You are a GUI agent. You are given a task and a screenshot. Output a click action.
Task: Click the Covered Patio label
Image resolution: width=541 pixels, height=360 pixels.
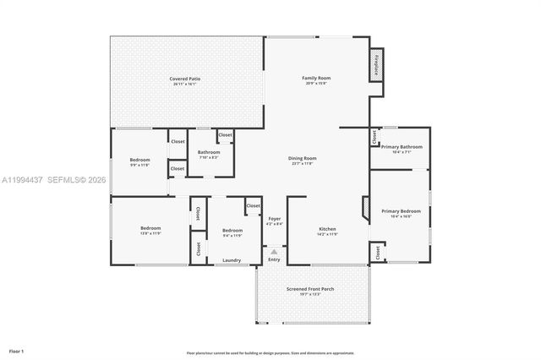click(186, 79)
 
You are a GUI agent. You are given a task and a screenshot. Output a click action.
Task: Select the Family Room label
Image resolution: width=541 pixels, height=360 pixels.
click(315, 79)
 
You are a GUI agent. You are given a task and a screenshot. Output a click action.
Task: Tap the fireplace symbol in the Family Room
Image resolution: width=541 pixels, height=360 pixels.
click(376, 64)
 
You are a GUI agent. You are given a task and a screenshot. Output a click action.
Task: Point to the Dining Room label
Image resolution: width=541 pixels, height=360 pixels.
click(303, 158)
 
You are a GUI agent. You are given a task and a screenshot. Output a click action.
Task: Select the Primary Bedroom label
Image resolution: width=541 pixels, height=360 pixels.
click(400, 211)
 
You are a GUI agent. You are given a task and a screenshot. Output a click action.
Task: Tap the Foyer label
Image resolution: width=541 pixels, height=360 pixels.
click(274, 219)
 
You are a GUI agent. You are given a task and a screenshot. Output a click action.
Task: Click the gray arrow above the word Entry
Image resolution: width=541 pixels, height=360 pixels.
click(273, 251)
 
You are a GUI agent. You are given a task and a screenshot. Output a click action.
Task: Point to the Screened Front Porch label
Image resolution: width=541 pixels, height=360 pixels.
click(309, 289)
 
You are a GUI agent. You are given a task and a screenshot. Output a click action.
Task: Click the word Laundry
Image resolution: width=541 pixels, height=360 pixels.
click(232, 261)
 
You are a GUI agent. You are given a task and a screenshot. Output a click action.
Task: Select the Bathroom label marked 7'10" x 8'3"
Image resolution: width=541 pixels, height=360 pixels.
click(209, 153)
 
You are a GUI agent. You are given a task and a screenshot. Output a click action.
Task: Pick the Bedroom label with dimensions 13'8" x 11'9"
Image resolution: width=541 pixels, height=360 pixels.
click(150, 228)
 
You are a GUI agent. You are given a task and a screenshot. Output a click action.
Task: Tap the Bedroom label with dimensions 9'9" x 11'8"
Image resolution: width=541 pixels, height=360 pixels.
click(139, 161)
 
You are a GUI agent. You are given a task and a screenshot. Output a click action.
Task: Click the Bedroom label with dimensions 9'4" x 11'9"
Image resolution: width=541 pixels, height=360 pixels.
click(232, 231)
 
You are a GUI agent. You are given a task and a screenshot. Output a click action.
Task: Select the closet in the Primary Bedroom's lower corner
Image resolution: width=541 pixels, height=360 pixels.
click(377, 251)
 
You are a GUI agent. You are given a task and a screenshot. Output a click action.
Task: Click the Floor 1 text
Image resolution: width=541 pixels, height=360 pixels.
click(17, 350)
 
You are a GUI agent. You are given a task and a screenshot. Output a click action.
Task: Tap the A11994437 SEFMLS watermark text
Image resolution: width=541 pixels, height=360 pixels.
click(53, 180)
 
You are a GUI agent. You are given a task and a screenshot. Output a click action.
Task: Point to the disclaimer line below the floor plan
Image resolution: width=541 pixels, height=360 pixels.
click(270, 352)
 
